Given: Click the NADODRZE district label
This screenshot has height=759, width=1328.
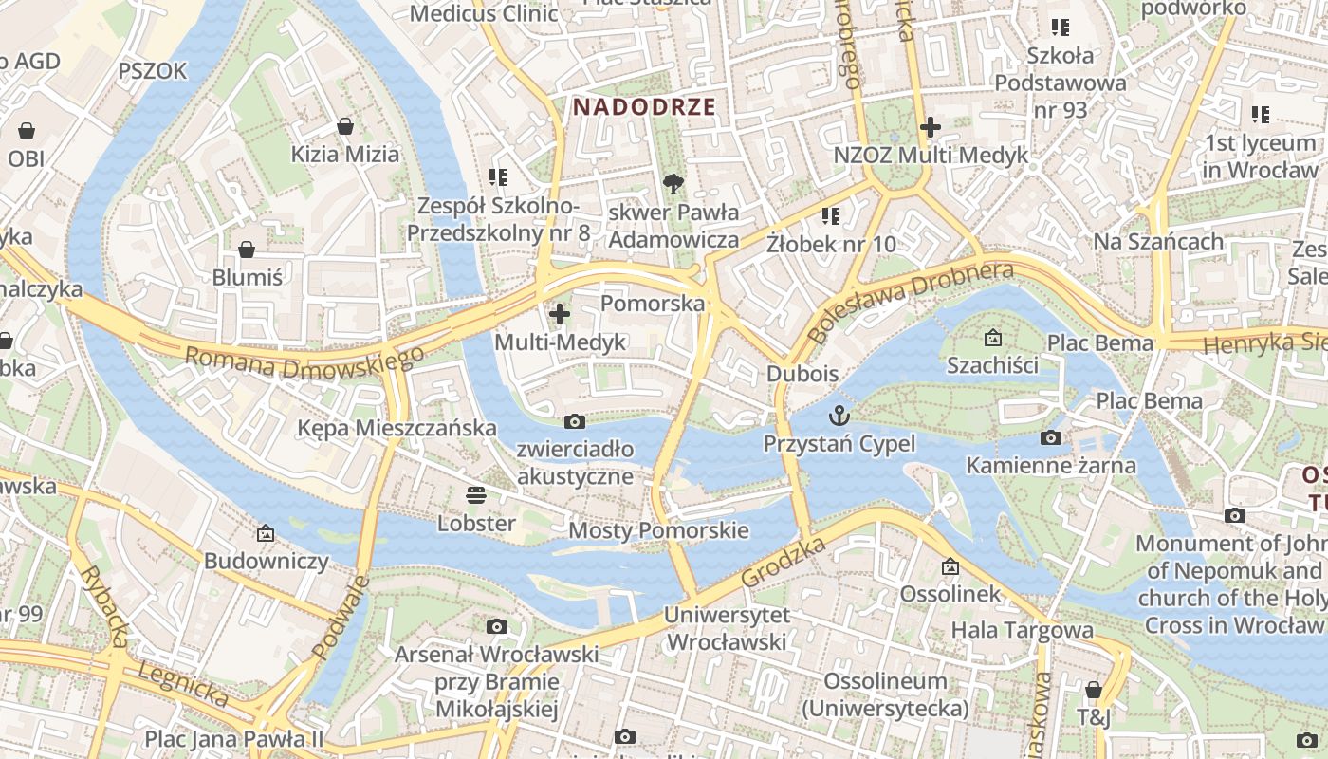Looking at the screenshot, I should [644, 106].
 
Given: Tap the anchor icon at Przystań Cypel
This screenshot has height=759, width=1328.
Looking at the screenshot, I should [839, 415].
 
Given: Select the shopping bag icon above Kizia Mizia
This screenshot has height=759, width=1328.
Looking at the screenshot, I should [345, 126].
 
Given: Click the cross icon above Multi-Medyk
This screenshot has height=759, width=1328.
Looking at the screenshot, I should [560, 312].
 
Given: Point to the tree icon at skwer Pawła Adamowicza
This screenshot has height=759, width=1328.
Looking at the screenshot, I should [673, 183].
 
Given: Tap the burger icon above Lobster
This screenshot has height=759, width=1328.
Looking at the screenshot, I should [475, 494].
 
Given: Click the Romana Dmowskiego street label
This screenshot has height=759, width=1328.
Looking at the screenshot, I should [304, 361].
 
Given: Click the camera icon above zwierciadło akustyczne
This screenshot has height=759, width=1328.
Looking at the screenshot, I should [575, 421].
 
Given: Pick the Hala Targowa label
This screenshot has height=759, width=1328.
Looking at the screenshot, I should [1022, 630].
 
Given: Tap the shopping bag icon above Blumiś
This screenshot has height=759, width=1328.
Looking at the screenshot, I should [247, 250].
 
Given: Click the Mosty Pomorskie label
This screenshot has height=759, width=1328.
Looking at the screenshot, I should [658, 530].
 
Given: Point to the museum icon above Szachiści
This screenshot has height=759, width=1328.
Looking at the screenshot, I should [992, 337].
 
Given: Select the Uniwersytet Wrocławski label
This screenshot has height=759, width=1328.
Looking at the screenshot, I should [727, 628].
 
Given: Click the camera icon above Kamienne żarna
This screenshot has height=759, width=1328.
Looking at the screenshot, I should [1050, 437].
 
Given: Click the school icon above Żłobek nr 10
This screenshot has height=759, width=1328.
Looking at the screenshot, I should [831, 215].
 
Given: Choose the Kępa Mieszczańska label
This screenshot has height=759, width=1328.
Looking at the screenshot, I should [397, 428].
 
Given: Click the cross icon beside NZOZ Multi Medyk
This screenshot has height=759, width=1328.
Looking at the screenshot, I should [931, 126].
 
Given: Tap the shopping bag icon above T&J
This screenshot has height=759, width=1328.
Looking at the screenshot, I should [1093, 690].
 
